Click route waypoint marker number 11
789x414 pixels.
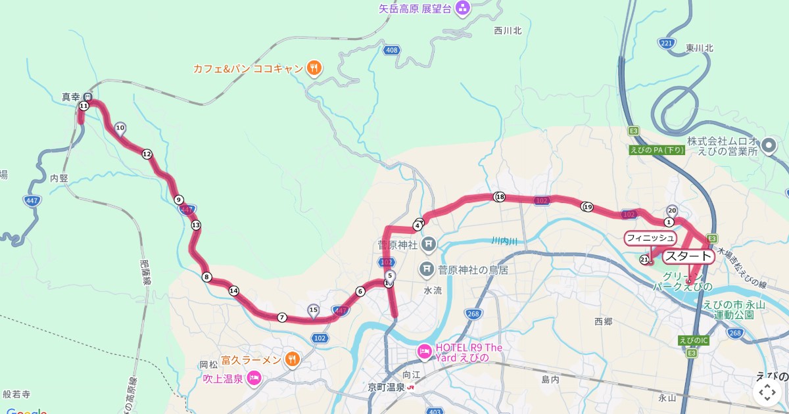tap(84, 106)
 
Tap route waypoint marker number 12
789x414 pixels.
tap(147, 154)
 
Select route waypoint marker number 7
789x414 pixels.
tap(282, 317)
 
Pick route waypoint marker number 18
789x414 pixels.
tap(500, 196)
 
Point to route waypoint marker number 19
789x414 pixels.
tap(587, 207)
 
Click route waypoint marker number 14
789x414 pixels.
tap(233, 290)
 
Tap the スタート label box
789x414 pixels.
tap(688, 256)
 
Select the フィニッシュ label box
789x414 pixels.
tap(650, 237)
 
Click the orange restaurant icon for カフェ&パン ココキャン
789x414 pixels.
tap(314, 68)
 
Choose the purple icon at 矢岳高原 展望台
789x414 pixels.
tap(463, 9)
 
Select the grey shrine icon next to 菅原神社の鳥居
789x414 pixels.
tap(427, 269)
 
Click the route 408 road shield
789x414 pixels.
tap(392, 51)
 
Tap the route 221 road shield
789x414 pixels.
tap(666, 43)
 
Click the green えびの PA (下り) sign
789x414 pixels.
tap(657, 150)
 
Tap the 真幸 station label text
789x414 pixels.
tap(70, 96)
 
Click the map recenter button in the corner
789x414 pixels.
tap(767, 392)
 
